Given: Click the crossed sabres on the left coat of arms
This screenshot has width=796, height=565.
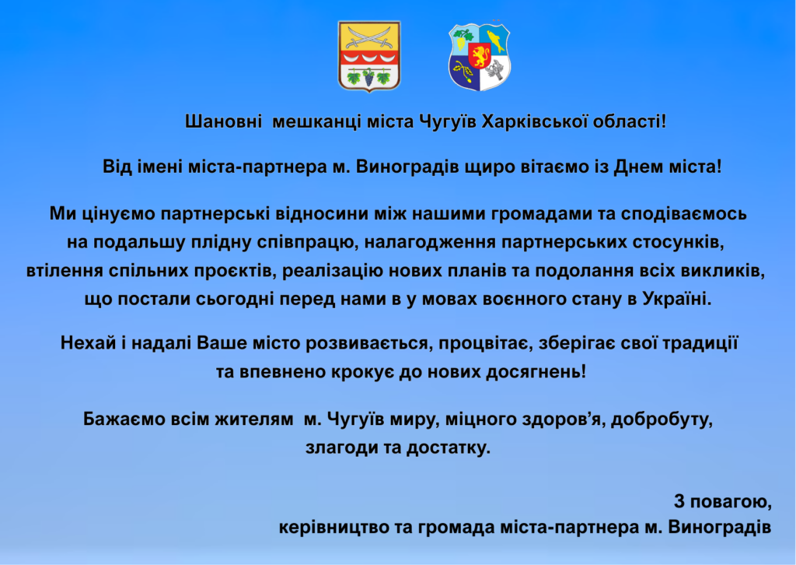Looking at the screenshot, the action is point(369,37).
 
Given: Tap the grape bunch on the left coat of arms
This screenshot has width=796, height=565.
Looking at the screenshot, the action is point(368,78).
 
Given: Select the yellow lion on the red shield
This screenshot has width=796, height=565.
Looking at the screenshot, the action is point(479,55).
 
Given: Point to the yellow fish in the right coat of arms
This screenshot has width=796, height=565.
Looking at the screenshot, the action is point(496,40).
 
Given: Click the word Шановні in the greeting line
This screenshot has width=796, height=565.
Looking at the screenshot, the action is point(223,122).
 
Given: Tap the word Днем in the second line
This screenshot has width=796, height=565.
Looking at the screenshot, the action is point(639,167).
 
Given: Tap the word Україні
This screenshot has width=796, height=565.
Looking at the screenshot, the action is point(677,299).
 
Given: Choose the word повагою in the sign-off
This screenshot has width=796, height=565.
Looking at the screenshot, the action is point(730,502).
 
